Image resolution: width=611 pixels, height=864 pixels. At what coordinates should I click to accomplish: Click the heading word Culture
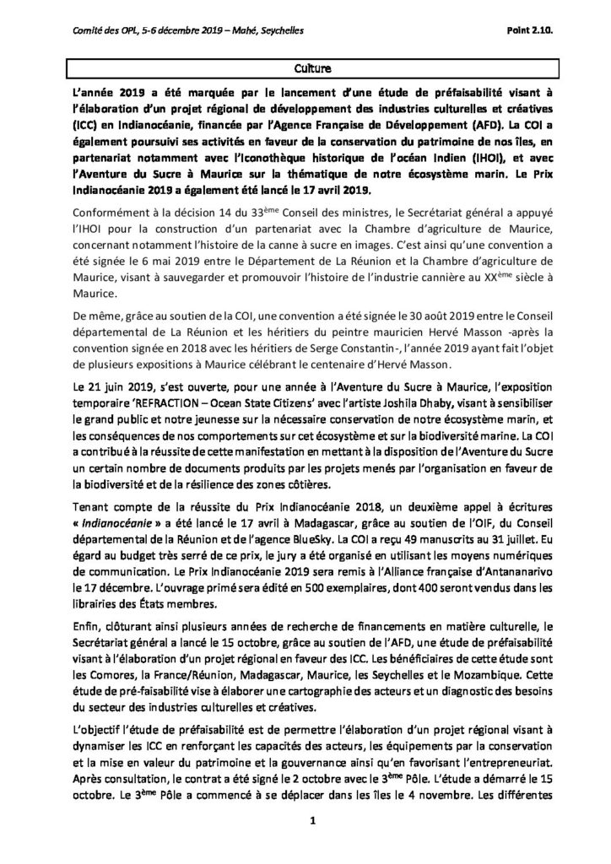point(305,63)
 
